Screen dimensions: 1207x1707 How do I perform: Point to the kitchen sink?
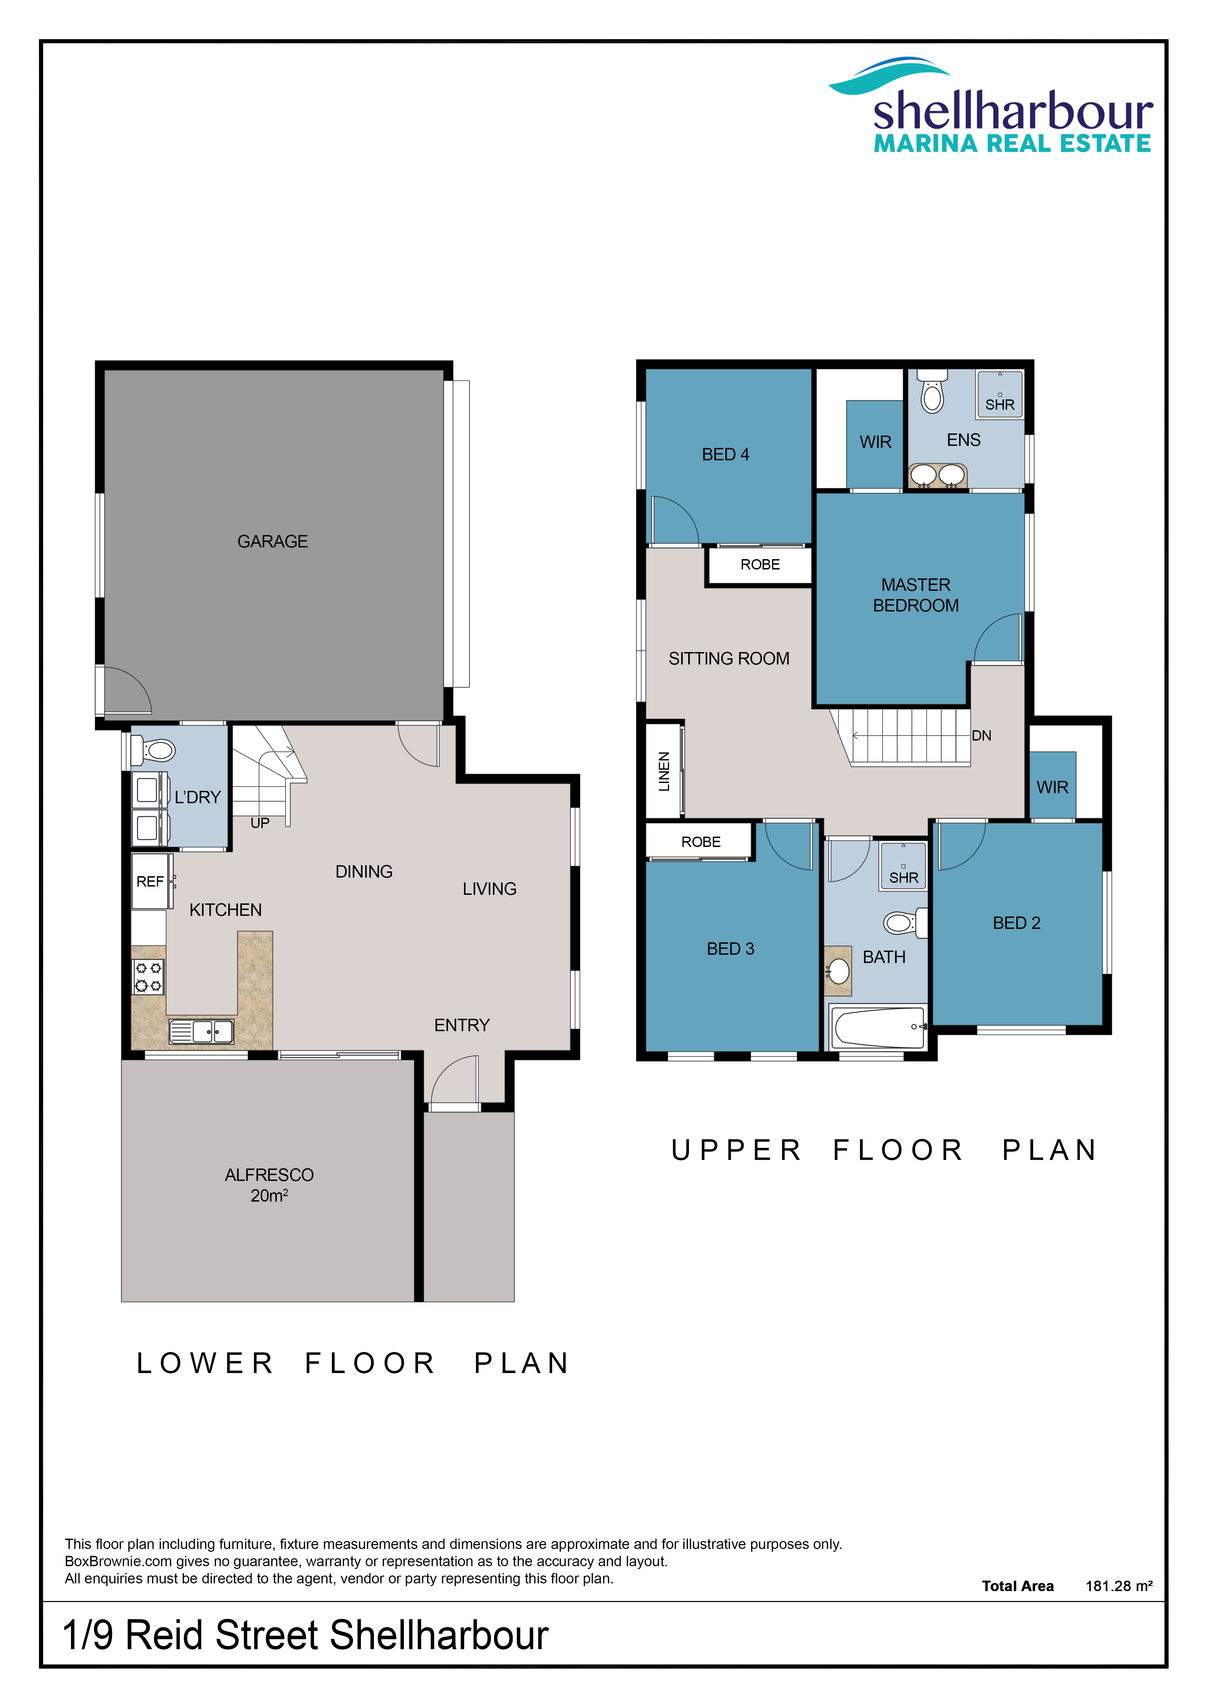point(201,1031)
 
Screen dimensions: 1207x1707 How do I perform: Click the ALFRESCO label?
point(269,1175)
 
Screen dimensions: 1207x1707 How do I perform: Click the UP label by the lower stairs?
point(259,823)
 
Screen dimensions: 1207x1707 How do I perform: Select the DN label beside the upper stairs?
point(981,735)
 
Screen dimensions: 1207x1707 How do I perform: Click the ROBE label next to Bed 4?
point(759,564)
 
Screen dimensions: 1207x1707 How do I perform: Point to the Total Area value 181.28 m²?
point(1119,1586)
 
